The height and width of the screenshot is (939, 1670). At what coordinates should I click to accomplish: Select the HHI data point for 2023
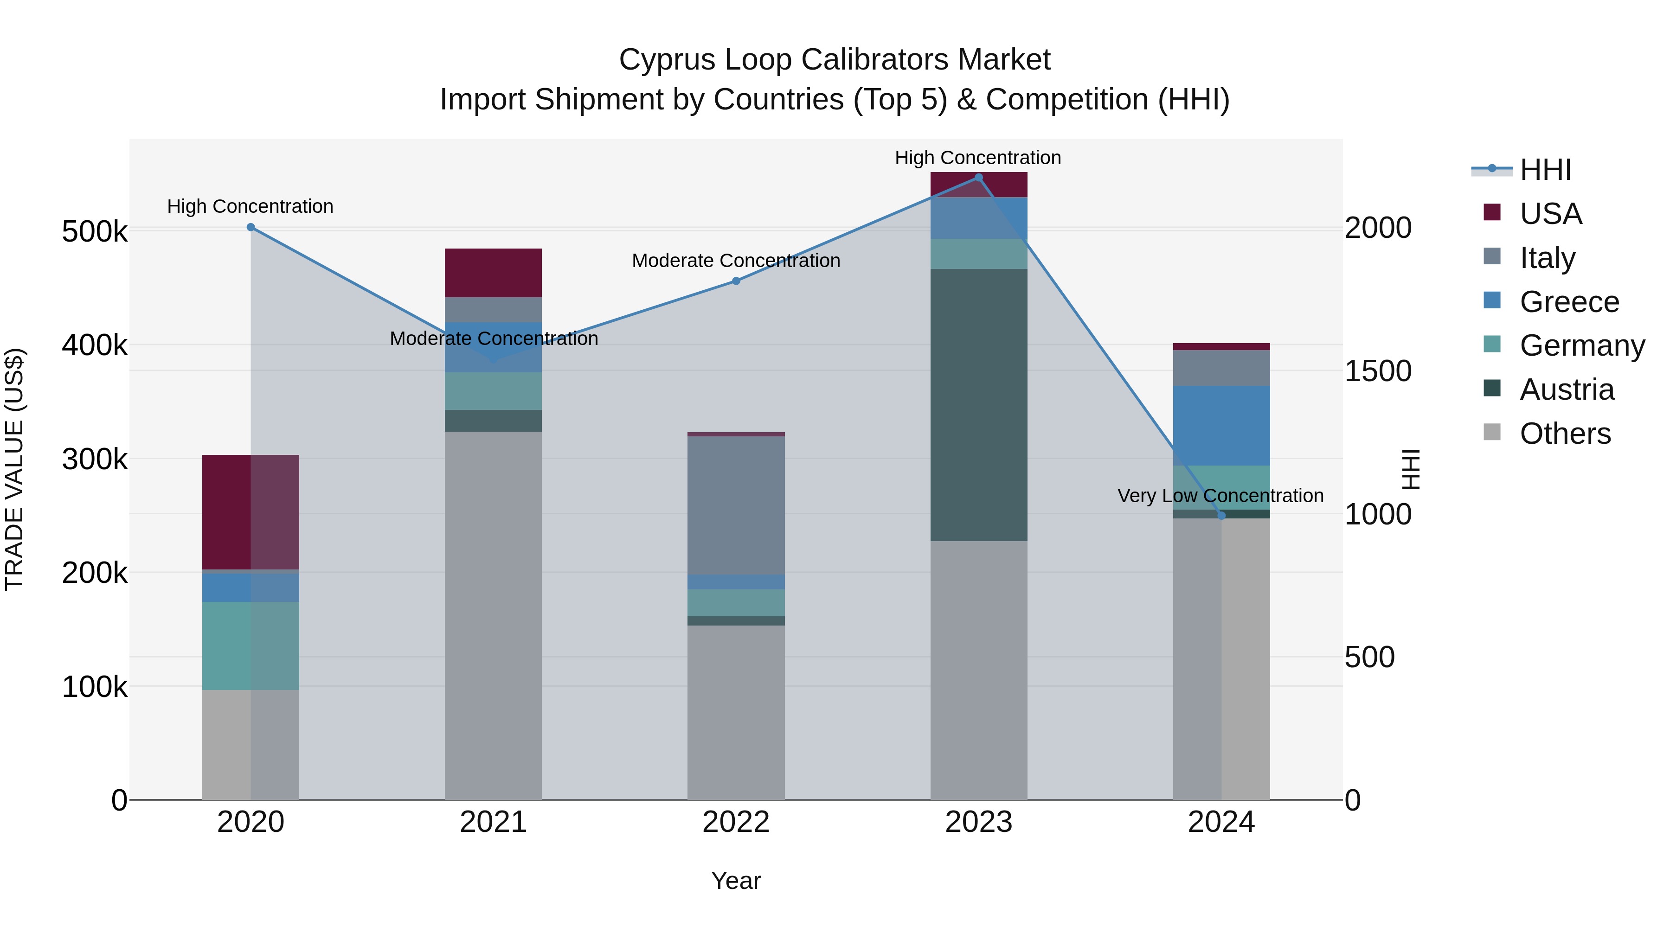click(x=979, y=178)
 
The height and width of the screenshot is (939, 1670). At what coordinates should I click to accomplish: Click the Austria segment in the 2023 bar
click(x=979, y=405)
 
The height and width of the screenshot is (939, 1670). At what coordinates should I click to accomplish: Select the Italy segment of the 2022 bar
click(x=736, y=505)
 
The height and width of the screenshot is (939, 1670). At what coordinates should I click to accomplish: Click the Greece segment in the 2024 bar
click(x=1221, y=426)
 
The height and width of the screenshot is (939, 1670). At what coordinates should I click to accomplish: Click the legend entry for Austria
click(x=1566, y=390)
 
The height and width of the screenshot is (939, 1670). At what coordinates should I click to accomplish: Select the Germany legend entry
click(x=1581, y=345)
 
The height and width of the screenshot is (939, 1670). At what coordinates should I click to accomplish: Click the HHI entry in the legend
click(x=1544, y=170)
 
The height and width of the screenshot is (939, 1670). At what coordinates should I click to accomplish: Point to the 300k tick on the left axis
click(x=95, y=460)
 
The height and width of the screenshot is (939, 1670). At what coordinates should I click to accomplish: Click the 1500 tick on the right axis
click(x=1378, y=371)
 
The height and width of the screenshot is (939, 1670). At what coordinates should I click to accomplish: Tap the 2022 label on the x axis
click(x=736, y=822)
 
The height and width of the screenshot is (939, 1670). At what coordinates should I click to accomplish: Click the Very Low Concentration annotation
click(x=1220, y=496)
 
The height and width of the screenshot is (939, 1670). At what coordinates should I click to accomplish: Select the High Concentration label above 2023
click(x=977, y=158)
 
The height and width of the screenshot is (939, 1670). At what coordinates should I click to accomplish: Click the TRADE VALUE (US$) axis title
click(x=14, y=469)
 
